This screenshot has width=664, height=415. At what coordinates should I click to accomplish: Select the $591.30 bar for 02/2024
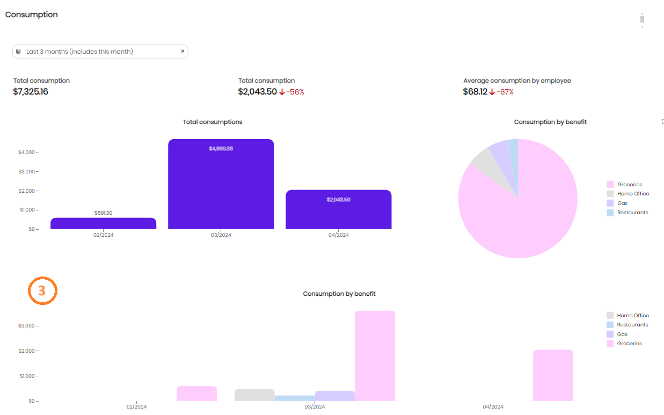pos(103,223)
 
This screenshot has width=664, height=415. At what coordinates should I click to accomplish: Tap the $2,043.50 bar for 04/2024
pos(338,209)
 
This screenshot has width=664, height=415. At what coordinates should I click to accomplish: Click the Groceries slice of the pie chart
pos(526,215)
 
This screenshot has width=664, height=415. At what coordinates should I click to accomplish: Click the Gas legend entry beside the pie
pos(622,203)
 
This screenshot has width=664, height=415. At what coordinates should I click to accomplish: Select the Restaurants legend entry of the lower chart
pos(632,325)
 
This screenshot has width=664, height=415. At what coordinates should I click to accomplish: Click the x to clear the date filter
pos(183,52)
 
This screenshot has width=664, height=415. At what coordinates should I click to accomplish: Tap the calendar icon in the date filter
pos(18,52)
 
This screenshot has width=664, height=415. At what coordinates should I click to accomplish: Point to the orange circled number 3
pos(42,291)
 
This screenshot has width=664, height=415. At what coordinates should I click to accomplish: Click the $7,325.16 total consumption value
pos(31,92)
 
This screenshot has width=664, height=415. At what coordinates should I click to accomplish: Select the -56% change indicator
pos(295,92)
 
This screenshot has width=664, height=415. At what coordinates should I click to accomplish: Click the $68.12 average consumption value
pos(475,92)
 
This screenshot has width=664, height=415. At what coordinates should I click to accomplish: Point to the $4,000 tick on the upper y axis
pos(28,152)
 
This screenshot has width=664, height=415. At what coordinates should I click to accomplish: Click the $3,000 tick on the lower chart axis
pos(28,326)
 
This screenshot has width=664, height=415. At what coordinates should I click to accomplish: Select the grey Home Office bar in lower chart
pos(254,395)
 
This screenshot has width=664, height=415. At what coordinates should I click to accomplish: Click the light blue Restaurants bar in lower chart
pos(294,398)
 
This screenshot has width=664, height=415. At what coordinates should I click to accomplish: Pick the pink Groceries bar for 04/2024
pos(553,375)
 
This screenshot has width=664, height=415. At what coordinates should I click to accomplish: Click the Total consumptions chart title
pos(213,122)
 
